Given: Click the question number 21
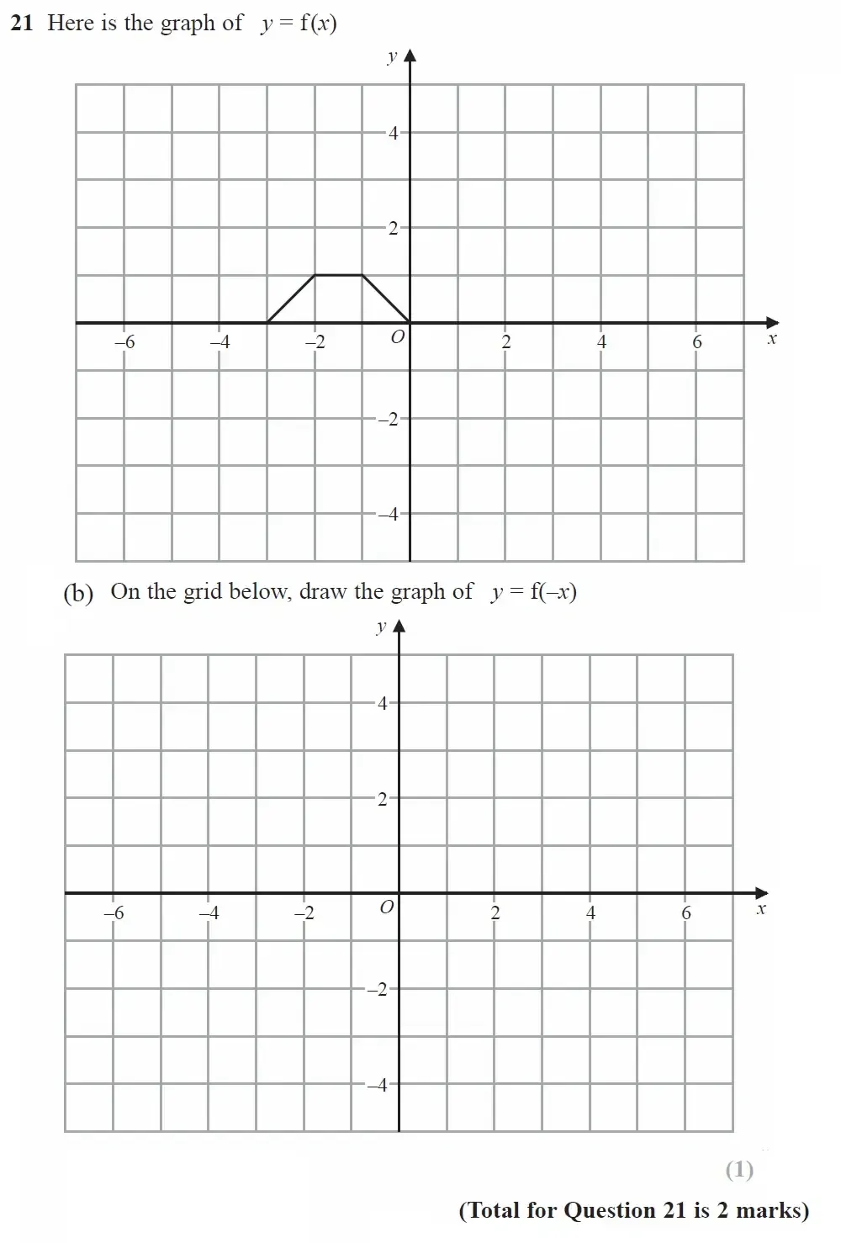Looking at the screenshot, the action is click(21, 24).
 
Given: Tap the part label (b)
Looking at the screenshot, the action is click(78, 593).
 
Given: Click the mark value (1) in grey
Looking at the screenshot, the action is click(739, 1169).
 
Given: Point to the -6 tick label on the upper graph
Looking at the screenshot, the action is click(124, 342).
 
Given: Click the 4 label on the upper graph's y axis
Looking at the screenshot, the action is click(393, 133).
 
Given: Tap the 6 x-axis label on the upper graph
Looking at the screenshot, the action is click(696, 342).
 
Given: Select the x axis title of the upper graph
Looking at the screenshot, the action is click(772, 339).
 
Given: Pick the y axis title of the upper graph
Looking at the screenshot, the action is click(391, 57).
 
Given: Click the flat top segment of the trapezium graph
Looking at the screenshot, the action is click(339, 274).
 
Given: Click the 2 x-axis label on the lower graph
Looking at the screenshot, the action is click(495, 912).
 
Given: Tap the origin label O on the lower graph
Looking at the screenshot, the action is click(386, 908).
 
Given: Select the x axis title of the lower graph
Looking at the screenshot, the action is click(761, 909).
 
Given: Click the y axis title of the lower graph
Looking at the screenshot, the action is click(381, 627).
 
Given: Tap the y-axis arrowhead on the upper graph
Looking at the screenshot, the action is click(410, 56).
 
